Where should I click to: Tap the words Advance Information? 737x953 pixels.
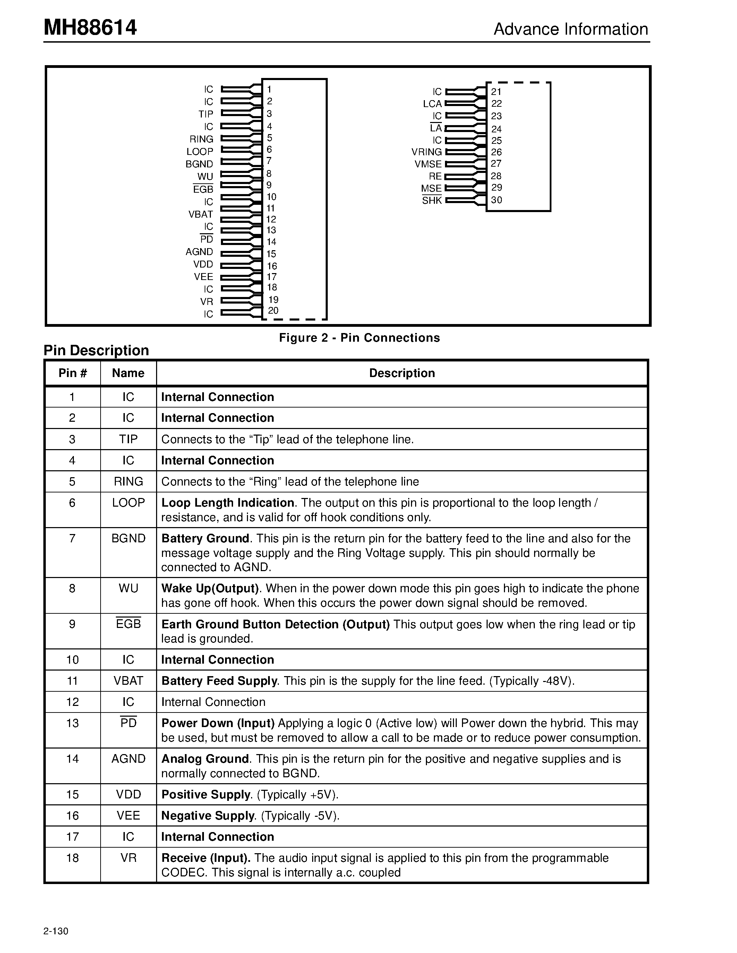click(570, 29)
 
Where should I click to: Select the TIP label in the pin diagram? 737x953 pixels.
click(206, 114)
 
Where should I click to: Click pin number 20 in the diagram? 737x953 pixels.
click(273, 311)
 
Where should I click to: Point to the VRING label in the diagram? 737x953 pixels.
click(427, 152)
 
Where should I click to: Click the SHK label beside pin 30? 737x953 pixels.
click(432, 201)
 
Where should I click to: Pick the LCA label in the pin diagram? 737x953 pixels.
click(432, 104)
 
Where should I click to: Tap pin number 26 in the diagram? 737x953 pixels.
click(496, 152)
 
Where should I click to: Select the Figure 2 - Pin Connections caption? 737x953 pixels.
click(359, 338)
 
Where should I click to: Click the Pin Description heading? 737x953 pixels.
click(96, 350)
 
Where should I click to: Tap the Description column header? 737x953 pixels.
click(402, 373)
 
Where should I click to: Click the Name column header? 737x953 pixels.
click(128, 373)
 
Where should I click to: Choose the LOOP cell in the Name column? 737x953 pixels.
click(128, 503)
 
